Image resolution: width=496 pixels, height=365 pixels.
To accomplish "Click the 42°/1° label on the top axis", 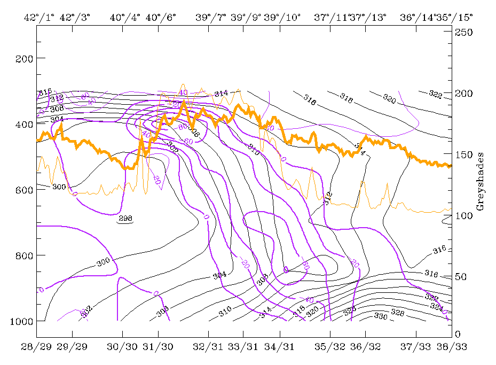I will [37, 17].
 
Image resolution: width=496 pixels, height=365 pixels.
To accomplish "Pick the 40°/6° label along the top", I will [160, 17].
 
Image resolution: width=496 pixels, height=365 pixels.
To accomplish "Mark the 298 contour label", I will [124, 218].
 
